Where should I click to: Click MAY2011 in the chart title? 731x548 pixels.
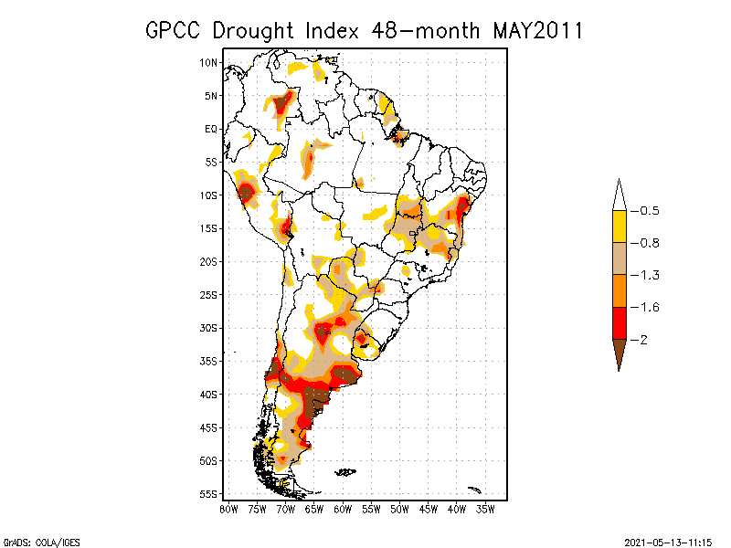pos(538,30)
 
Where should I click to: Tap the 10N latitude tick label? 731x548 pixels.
pos(209,62)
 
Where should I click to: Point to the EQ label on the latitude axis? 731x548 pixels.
pos(211,129)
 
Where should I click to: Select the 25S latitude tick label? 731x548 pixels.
pos(209,294)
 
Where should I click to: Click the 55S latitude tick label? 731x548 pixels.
pos(209,493)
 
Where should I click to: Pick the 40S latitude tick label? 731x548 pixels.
pos(209,394)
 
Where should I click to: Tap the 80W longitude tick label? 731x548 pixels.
pos(228,509)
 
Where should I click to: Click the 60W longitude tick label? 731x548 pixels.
pos(343,509)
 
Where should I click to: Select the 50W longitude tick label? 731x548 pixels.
pos(399,509)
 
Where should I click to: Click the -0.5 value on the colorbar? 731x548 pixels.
pos(648,211)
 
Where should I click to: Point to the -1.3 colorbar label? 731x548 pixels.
pos(648,275)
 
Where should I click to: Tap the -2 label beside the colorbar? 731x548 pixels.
pos(642,339)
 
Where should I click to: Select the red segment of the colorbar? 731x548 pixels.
pos(619,322)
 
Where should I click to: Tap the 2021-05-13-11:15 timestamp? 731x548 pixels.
pos(669,541)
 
